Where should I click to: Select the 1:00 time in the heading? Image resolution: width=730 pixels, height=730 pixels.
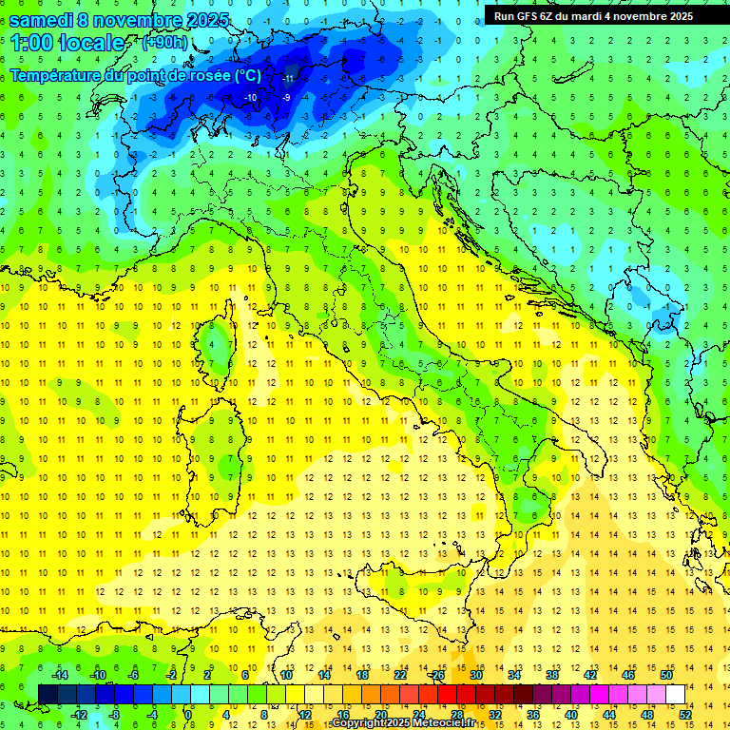(31, 43)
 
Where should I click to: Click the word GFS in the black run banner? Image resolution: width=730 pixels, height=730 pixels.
(535, 15)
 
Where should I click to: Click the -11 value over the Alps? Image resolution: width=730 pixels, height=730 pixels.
(288, 77)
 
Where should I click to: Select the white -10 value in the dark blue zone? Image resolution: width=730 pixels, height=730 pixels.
(250, 97)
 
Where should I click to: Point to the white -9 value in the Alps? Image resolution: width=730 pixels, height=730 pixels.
(286, 97)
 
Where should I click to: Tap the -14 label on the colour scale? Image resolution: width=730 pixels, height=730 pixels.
(59, 675)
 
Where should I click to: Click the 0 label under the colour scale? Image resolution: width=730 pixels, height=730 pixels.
(188, 715)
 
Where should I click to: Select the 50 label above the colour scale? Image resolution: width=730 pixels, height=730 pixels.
(665, 675)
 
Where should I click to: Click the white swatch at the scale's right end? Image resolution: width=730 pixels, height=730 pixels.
(676, 694)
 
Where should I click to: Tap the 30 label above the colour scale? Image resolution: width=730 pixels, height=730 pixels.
(475, 675)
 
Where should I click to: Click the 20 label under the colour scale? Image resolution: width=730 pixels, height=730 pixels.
(380, 715)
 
